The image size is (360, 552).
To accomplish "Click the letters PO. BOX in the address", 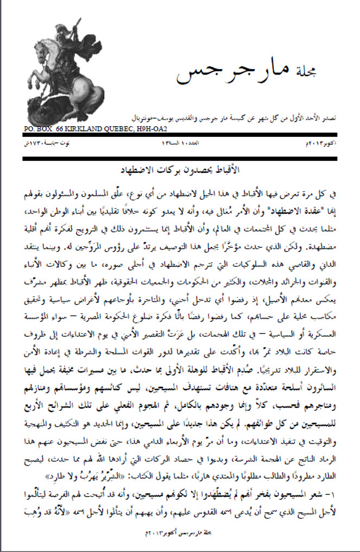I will pyautogui.click(x=39, y=130).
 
